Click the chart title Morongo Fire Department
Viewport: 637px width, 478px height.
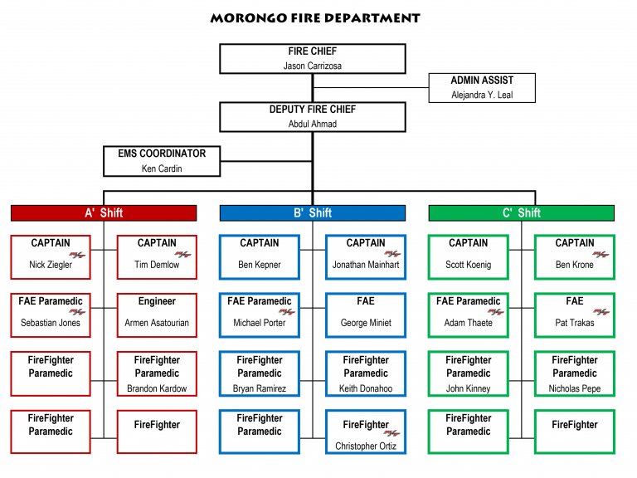(x=314, y=17)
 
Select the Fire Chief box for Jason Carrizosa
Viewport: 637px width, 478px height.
(x=312, y=58)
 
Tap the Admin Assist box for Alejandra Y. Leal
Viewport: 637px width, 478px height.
(x=482, y=87)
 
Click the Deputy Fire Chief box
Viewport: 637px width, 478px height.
(x=312, y=116)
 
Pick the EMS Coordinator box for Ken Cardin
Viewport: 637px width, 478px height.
(x=161, y=161)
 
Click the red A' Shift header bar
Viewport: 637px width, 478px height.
(x=104, y=213)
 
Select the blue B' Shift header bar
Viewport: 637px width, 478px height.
(x=312, y=213)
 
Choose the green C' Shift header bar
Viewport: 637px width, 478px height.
(x=521, y=213)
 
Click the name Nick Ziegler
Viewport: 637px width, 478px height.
(x=51, y=266)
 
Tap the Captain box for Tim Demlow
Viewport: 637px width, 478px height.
(x=157, y=256)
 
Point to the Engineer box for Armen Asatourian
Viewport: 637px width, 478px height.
(x=157, y=315)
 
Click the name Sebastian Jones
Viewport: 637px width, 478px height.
(x=51, y=323)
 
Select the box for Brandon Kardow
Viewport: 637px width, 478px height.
(x=157, y=373)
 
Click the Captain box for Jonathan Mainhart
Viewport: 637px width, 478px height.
(x=366, y=256)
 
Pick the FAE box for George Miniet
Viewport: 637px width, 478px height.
(x=366, y=315)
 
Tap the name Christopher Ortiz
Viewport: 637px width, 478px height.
(x=366, y=446)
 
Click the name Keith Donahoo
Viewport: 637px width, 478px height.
(x=366, y=388)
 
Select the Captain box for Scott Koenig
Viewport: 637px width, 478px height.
(x=469, y=256)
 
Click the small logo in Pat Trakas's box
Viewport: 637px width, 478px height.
(x=601, y=312)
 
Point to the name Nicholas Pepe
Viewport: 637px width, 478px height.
(x=575, y=388)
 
